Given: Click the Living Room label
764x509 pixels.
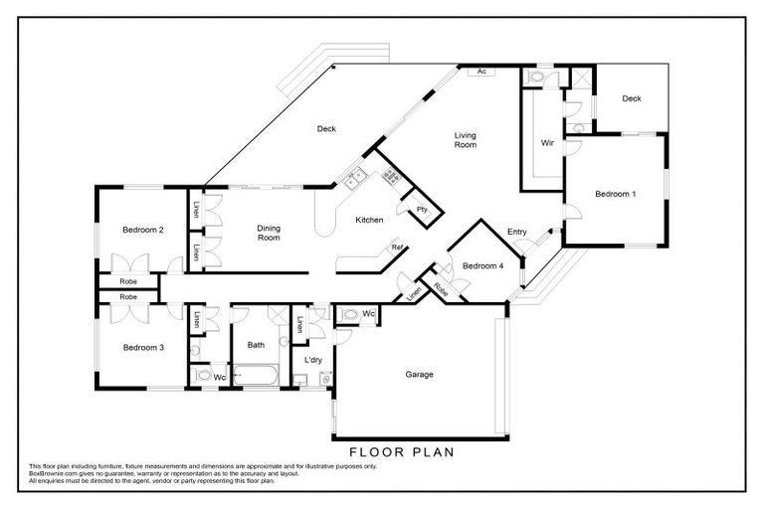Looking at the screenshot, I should pos(465,140).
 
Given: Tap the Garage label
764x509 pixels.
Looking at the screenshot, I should pos(419,375).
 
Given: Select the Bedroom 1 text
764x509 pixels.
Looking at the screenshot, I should pos(614,194).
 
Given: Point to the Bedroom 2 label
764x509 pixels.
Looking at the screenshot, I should pos(142,230).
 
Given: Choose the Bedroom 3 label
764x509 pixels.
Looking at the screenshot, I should pos(142,347).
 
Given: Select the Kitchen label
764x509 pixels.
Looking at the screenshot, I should pos(370,220).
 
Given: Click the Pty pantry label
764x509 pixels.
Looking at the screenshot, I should pos(422,209).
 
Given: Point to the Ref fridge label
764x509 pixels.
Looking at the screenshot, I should pos(396,247).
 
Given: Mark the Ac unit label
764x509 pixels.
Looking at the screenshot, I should pos(481,72).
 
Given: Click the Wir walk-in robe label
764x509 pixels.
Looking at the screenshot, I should pos(546,143).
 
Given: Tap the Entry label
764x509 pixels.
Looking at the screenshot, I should pos(516,232).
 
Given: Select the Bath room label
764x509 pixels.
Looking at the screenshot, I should pos(256,345).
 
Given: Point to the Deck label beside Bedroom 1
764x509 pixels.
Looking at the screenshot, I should pos(631,98).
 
